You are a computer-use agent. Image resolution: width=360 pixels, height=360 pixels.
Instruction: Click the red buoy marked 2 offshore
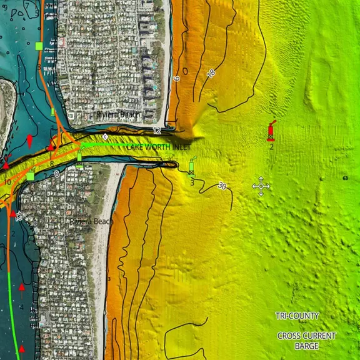tap(271, 131)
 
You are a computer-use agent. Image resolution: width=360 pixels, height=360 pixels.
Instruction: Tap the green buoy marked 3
tap(192, 167)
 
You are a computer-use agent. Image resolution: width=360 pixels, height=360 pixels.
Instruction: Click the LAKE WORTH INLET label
tap(159, 147)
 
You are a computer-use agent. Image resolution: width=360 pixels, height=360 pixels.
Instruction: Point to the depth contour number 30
tap(222, 186)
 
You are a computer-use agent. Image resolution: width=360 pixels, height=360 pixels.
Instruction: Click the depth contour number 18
tap(211, 74)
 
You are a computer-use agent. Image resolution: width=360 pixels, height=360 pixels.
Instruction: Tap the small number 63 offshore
tap(345, 179)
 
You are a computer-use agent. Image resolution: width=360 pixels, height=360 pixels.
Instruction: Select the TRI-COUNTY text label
tap(297, 316)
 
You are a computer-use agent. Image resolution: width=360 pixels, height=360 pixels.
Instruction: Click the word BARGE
tap(297, 345)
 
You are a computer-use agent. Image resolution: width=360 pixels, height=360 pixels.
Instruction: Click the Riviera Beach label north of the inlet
tap(117, 115)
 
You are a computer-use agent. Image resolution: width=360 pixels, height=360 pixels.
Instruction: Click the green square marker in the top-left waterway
tap(39, 46)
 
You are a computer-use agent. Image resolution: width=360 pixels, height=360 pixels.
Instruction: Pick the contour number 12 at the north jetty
tap(156, 131)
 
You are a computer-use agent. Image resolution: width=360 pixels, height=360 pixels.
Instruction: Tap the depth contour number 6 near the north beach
tap(176, 79)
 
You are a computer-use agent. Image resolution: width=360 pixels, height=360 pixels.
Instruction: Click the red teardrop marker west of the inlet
tap(29, 140)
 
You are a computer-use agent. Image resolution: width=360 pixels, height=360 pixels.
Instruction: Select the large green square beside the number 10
tap(30, 176)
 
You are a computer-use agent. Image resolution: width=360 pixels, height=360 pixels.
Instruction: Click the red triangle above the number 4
tap(22, 287)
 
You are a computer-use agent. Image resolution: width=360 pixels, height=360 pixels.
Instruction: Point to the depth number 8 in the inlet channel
tap(51, 164)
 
